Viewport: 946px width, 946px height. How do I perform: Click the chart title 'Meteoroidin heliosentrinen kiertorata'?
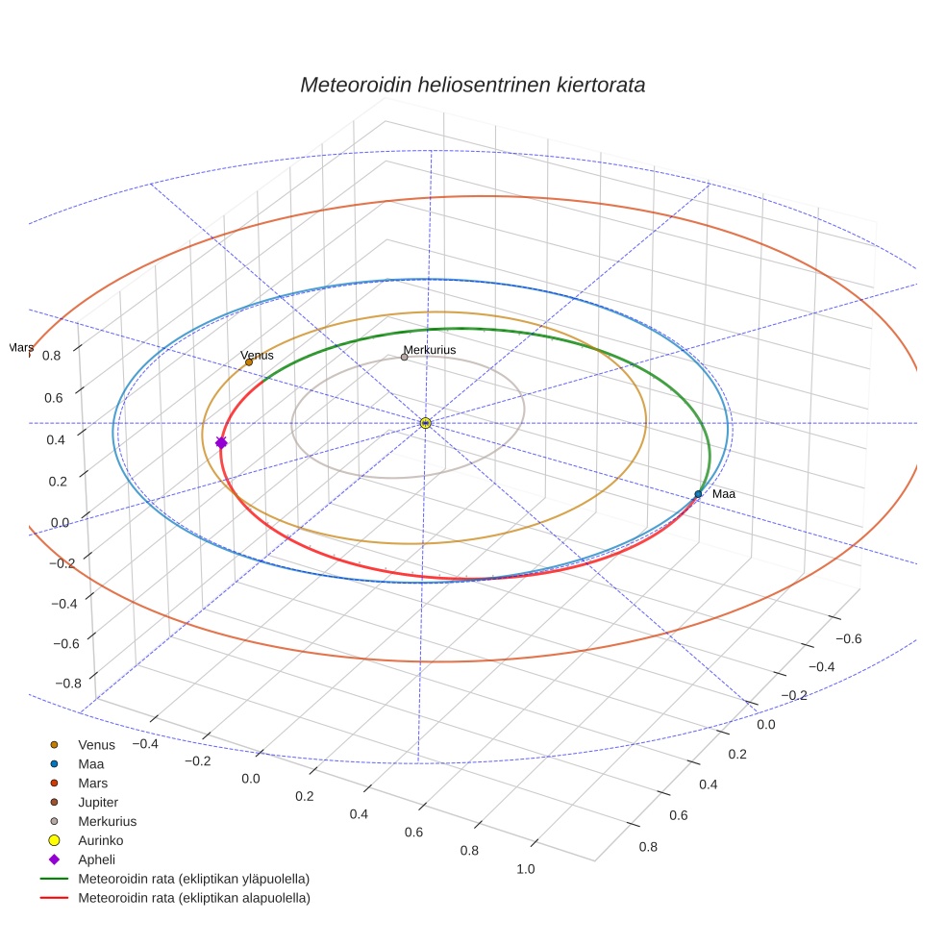pos(472,85)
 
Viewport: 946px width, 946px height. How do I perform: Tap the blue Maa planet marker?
pos(698,494)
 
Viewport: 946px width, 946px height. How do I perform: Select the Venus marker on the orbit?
pos(249,362)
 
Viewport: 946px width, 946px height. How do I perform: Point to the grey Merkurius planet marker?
pos(404,358)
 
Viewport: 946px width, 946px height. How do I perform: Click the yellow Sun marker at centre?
pos(426,423)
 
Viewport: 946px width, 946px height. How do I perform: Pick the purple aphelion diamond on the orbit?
pos(221,442)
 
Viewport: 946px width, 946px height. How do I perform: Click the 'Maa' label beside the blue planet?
pos(724,494)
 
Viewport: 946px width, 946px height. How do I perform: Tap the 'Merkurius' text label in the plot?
pos(430,350)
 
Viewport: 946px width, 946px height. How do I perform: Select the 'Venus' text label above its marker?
pos(257,355)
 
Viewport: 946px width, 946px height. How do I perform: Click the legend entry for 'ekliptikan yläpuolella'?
pos(193,879)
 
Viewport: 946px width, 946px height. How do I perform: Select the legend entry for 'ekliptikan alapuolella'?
pos(194,898)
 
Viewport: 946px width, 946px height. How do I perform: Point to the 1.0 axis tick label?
pos(526,869)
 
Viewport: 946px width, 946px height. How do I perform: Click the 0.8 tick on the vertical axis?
pos(51,355)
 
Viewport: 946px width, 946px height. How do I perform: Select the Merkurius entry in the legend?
pos(107,821)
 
